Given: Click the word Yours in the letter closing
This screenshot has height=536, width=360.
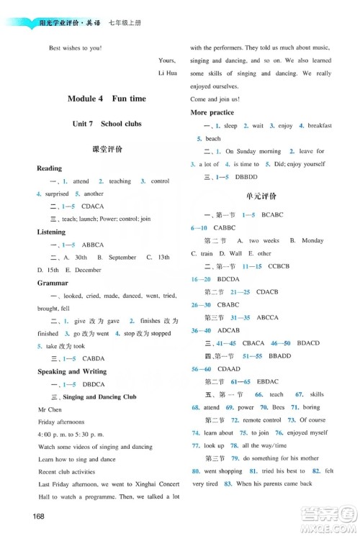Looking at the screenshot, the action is (x=166, y=61).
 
